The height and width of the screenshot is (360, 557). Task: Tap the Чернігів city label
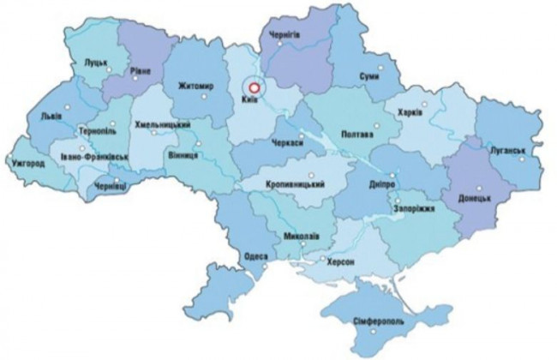(x=290, y=34)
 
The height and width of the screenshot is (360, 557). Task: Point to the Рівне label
(x=140, y=73)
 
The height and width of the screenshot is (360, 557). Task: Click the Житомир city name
(x=195, y=86)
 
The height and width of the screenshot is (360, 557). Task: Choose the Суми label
(x=370, y=75)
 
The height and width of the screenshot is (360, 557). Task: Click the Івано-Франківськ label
(x=93, y=158)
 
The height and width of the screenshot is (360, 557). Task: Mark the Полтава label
(x=357, y=135)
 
